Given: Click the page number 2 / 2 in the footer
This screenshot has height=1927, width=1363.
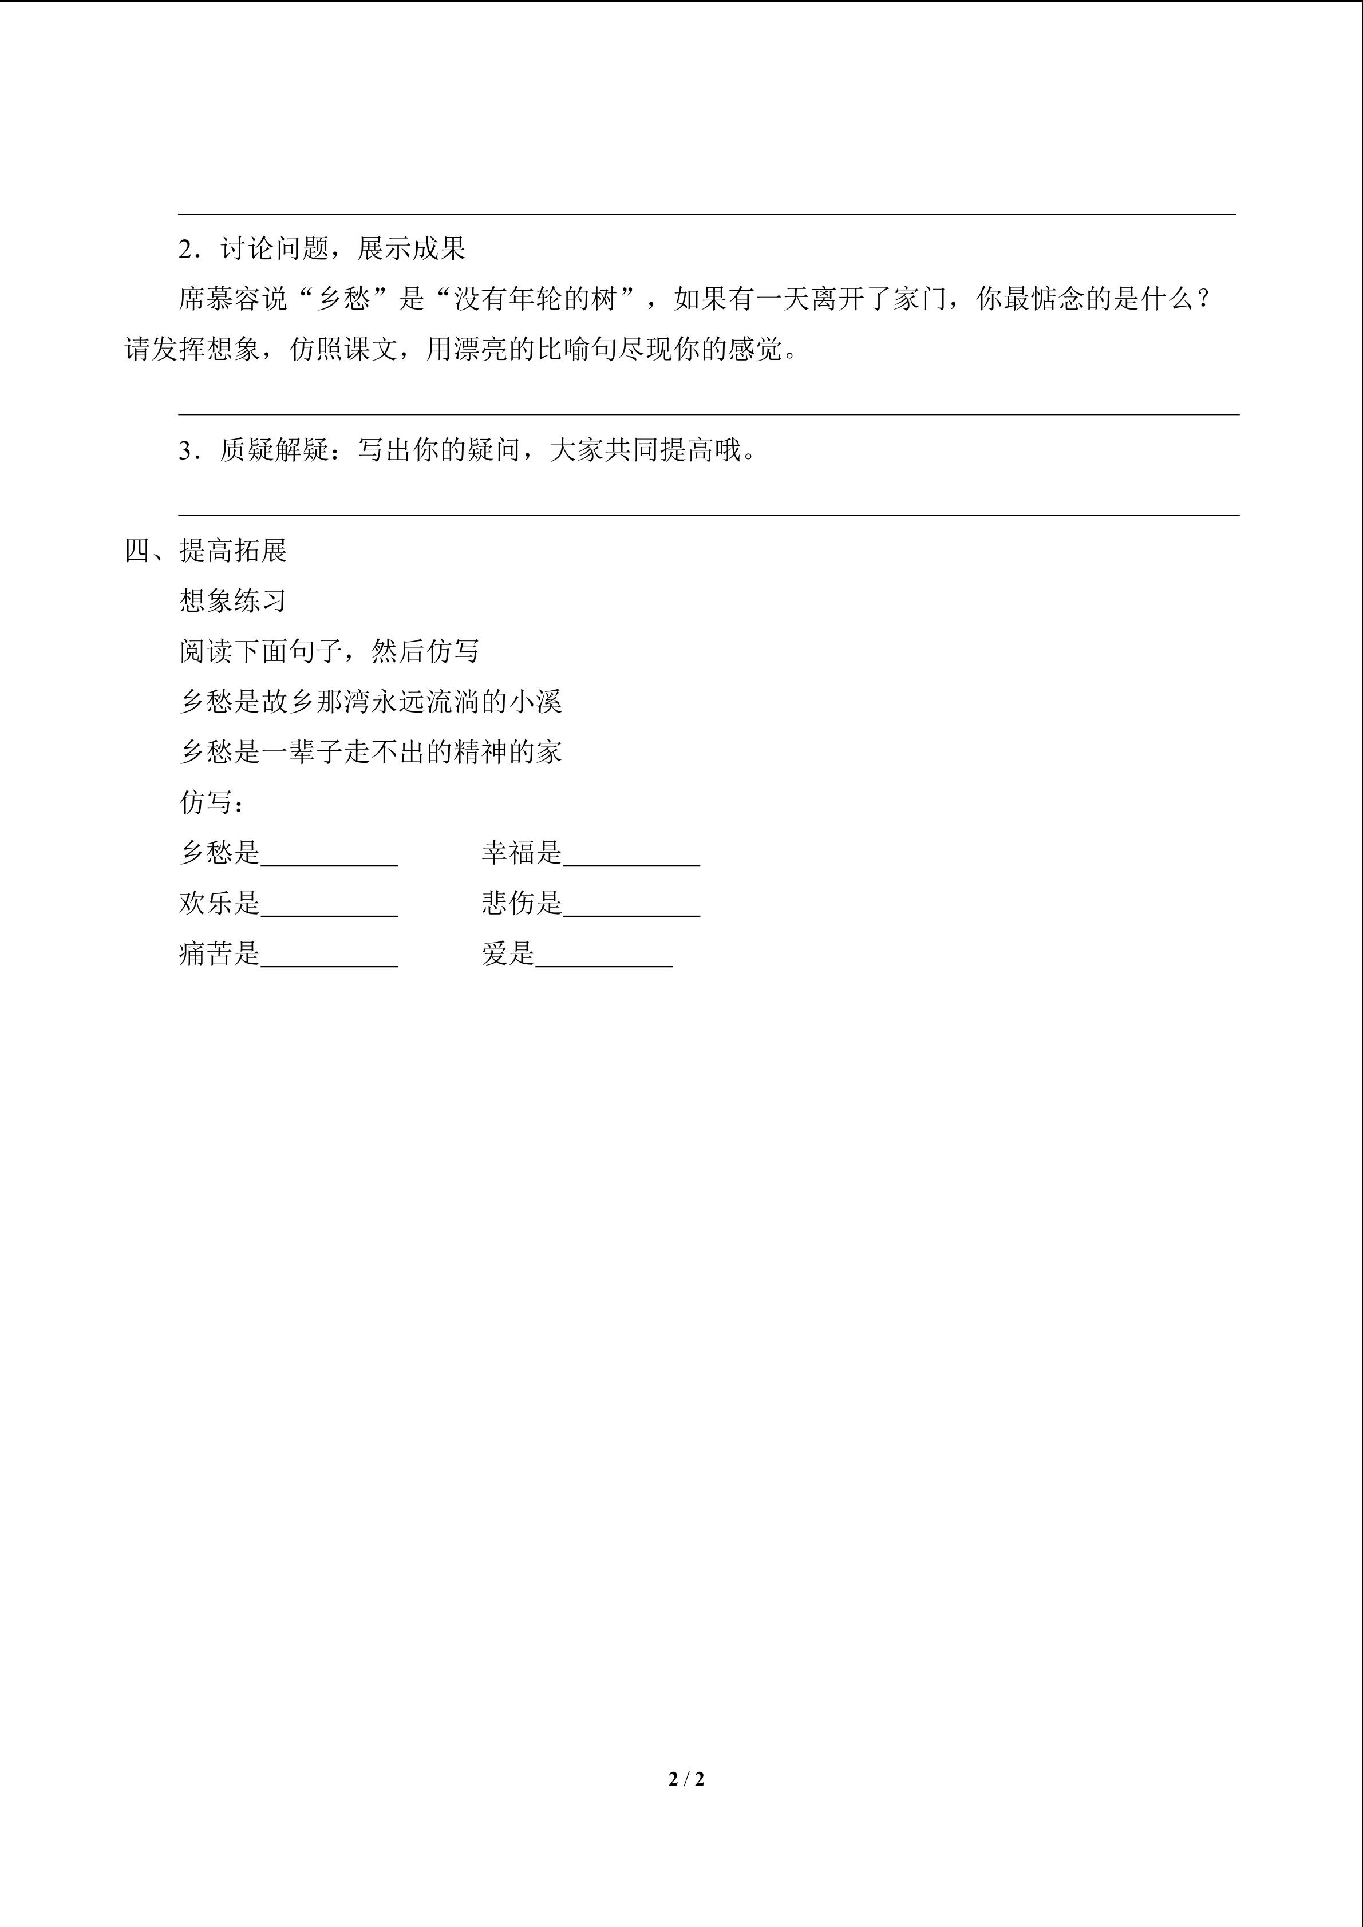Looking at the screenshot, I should pos(686,1778).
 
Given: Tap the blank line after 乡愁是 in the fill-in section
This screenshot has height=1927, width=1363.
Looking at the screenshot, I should pos(329,863).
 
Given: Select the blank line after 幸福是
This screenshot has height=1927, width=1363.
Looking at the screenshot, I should pos(631,863).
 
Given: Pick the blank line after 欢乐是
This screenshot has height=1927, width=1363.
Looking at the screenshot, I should pos(329,913).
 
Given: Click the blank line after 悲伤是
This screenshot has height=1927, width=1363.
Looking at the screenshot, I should pos(631,913).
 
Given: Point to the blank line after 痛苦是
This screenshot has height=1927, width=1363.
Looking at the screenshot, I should pos(329,964).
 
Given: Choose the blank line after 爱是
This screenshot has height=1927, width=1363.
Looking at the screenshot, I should pos(605,964).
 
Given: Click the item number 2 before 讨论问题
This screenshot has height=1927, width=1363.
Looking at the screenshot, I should pos(185,250).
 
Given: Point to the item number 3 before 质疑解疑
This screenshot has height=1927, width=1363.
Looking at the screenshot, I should pos(185,452).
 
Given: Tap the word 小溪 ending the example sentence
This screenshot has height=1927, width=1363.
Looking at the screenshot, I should pos(535,702).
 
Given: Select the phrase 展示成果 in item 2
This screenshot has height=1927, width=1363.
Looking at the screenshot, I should pos(411,250).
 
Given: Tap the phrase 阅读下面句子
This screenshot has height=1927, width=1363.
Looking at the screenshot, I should pos(261,652).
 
